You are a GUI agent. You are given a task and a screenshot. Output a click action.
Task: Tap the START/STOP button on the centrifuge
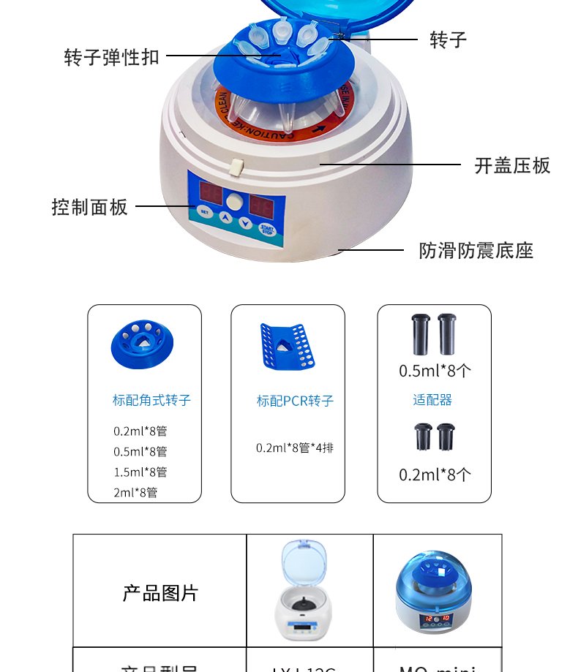268,229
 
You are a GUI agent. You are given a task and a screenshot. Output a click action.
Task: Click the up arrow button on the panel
225,218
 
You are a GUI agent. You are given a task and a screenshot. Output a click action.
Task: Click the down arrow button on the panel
246,222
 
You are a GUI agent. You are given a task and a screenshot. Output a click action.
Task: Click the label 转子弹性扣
111,57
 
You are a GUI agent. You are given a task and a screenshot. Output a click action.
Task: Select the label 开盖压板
512,165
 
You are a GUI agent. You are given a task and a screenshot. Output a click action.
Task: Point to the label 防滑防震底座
476,251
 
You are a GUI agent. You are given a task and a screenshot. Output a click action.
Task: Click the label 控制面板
89,207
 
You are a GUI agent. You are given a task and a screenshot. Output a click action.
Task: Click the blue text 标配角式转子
151,400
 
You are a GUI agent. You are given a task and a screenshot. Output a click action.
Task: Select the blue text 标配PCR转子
295,401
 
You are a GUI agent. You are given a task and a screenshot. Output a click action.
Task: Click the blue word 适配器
432,399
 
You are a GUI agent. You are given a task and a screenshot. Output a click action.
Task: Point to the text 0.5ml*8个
435,371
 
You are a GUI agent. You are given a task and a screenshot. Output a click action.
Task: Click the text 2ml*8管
135,492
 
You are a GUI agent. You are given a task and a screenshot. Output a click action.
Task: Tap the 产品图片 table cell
159,592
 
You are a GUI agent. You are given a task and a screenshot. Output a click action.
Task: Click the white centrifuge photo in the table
309,591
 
